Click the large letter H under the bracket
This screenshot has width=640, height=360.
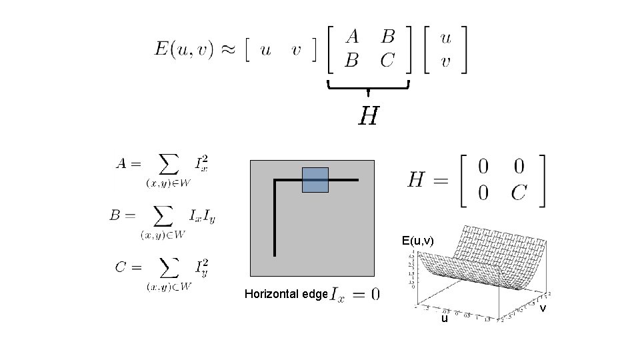pos(369,117)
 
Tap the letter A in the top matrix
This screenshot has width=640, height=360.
pos(352,37)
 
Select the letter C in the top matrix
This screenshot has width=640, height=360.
pos(387,61)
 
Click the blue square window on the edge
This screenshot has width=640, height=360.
pos(315,180)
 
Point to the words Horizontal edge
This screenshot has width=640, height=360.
pos(286,294)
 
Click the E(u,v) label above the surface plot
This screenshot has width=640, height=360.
pos(418,241)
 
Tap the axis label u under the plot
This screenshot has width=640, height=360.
pos(445,319)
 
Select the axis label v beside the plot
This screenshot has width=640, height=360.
pos(543,308)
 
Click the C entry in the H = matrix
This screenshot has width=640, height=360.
pos(520,193)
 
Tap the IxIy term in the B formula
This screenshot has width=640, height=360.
pos(202,215)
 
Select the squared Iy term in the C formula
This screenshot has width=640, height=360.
pos(201,267)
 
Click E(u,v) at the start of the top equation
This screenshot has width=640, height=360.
pos(184,49)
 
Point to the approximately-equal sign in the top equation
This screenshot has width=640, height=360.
pos(229,50)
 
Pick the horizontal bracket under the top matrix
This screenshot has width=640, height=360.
pos(368,86)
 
